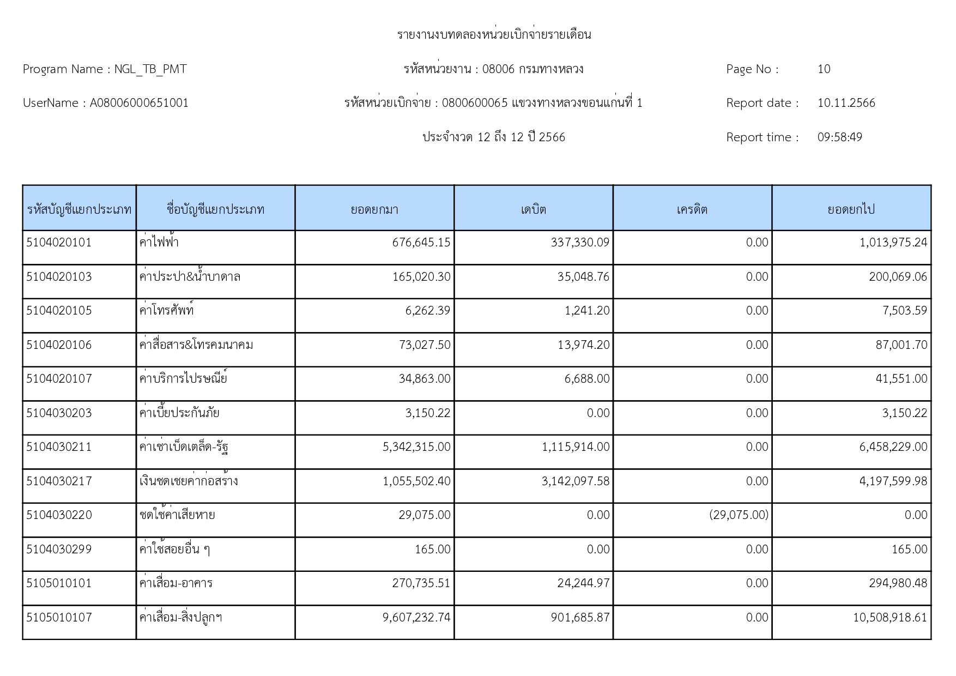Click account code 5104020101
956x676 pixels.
tap(59, 243)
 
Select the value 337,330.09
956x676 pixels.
tap(580, 243)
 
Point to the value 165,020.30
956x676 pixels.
tap(421, 277)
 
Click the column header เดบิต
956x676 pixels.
tap(533, 209)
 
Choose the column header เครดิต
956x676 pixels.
tap(692, 209)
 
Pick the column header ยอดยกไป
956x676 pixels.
tap(851, 209)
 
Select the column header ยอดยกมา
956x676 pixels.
tap(374, 209)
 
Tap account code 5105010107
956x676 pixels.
tap(59, 618)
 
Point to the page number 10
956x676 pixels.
tap(824, 69)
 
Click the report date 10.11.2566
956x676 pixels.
tap(846, 103)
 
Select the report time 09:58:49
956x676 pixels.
tap(839, 137)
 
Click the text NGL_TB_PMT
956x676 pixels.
tap(150, 69)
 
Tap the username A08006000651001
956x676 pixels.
tap(139, 103)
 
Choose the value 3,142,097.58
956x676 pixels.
tap(576, 481)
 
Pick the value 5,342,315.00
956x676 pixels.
tap(416, 447)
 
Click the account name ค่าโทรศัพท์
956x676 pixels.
tap(166, 311)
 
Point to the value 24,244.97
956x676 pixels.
tap(583, 583)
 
